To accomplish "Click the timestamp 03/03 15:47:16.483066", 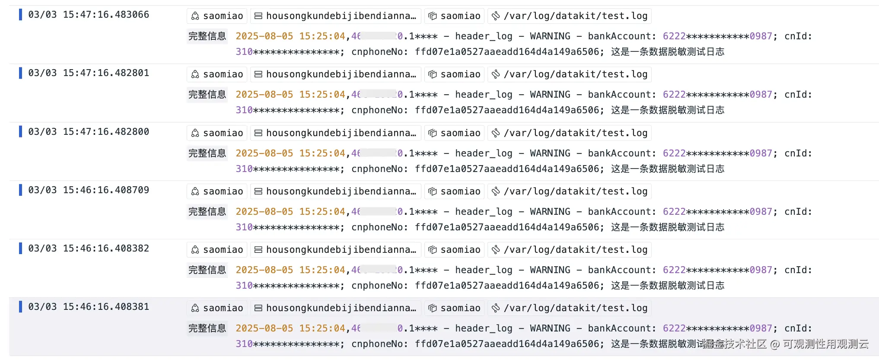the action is pyautogui.click(x=89, y=15).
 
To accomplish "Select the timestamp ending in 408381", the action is pyautogui.click(x=89, y=307).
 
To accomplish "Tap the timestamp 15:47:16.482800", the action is pyautogui.click(x=89, y=132).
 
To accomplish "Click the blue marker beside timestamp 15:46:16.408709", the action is pyautogui.click(x=20, y=190).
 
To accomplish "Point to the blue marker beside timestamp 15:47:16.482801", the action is pyautogui.click(x=20, y=73).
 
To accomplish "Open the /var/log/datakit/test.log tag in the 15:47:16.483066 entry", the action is pyautogui.click(x=570, y=16).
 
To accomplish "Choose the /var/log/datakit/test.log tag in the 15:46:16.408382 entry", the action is pyautogui.click(x=570, y=250).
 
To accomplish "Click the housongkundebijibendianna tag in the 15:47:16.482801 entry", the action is pyautogui.click(x=336, y=74).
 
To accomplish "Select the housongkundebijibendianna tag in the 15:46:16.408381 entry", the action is pyautogui.click(x=336, y=308).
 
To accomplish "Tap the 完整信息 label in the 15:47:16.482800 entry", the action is pyautogui.click(x=207, y=153).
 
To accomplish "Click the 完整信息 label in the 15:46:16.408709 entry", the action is pyautogui.click(x=207, y=212).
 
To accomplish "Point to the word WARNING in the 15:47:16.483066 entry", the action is pyautogui.click(x=550, y=36).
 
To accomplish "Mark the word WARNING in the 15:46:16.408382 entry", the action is pyautogui.click(x=550, y=270).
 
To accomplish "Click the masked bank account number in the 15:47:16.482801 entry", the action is pyautogui.click(x=717, y=95).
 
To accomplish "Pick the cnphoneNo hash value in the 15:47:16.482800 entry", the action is pyautogui.click(x=507, y=169).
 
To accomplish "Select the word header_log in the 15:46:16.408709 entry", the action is pyautogui.click(x=484, y=212).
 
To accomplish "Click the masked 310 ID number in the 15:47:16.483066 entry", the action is pyautogui.click(x=287, y=52).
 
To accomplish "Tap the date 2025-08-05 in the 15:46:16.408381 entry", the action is pyautogui.click(x=264, y=328).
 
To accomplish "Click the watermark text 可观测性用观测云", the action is pyautogui.click(x=825, y=344).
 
